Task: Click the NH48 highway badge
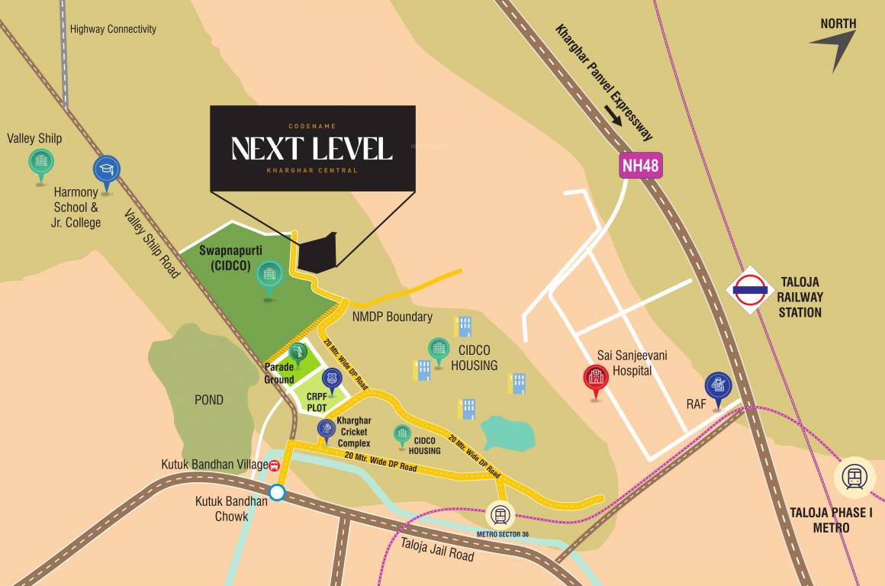(639, 166)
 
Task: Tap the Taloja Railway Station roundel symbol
(750, 290)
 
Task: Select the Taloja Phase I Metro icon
(854, 478)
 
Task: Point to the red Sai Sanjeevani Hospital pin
(595, 380)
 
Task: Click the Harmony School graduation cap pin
(106, 172)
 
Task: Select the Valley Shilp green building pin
(41, 163)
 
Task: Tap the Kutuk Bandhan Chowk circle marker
(277, 493)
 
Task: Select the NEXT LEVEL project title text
(312, 149)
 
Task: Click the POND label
(209, 400)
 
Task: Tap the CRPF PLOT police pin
(332, 379)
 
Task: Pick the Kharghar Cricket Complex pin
(327, 430)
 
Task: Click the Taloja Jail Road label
(437, 549)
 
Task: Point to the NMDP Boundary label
(392, 317)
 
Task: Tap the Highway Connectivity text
(113, 29)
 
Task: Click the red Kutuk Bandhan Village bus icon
(274, 465)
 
